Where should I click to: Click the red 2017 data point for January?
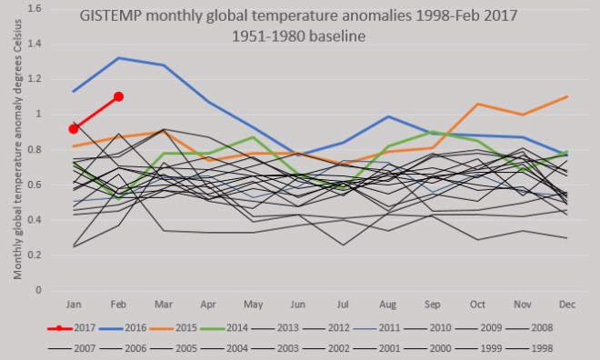click(74, 129)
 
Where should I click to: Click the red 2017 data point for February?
click(119, 96)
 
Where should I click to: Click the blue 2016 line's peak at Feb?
click(119, 58)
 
